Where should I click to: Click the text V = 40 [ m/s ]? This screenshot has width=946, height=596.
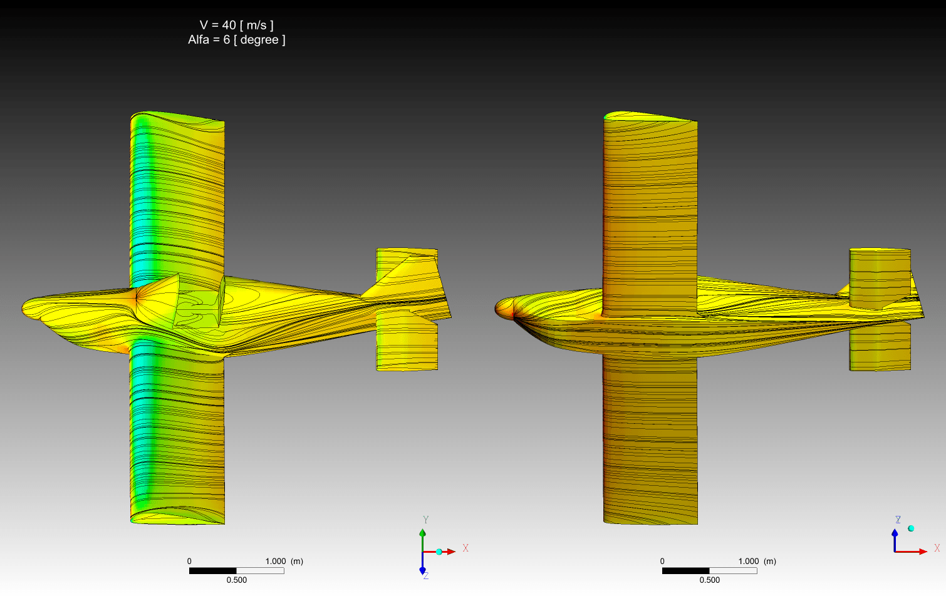pyautogui.click(x=237, y=25)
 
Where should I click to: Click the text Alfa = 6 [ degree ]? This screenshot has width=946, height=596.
pyautogui.click(x=237, y=39)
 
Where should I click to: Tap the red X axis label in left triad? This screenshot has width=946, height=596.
pyautogui.click(x=465, y=548)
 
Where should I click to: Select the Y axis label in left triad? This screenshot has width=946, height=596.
pyautogui.click(x=426, y=520)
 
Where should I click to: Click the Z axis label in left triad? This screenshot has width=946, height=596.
pyautogui.click(x=426, y=576)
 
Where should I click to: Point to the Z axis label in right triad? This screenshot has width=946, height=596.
pyautogui.click(x=898, y=520)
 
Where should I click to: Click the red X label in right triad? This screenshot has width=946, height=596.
pyautogui.click(x=937, y=548)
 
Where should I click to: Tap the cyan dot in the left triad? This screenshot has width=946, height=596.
pyautogui.click(x=439, y=552)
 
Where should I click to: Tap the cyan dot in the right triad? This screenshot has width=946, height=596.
pyautogui.click(x=911, y=528)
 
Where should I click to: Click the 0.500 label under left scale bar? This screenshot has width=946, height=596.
pyautogui.click(x=237, y=580)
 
